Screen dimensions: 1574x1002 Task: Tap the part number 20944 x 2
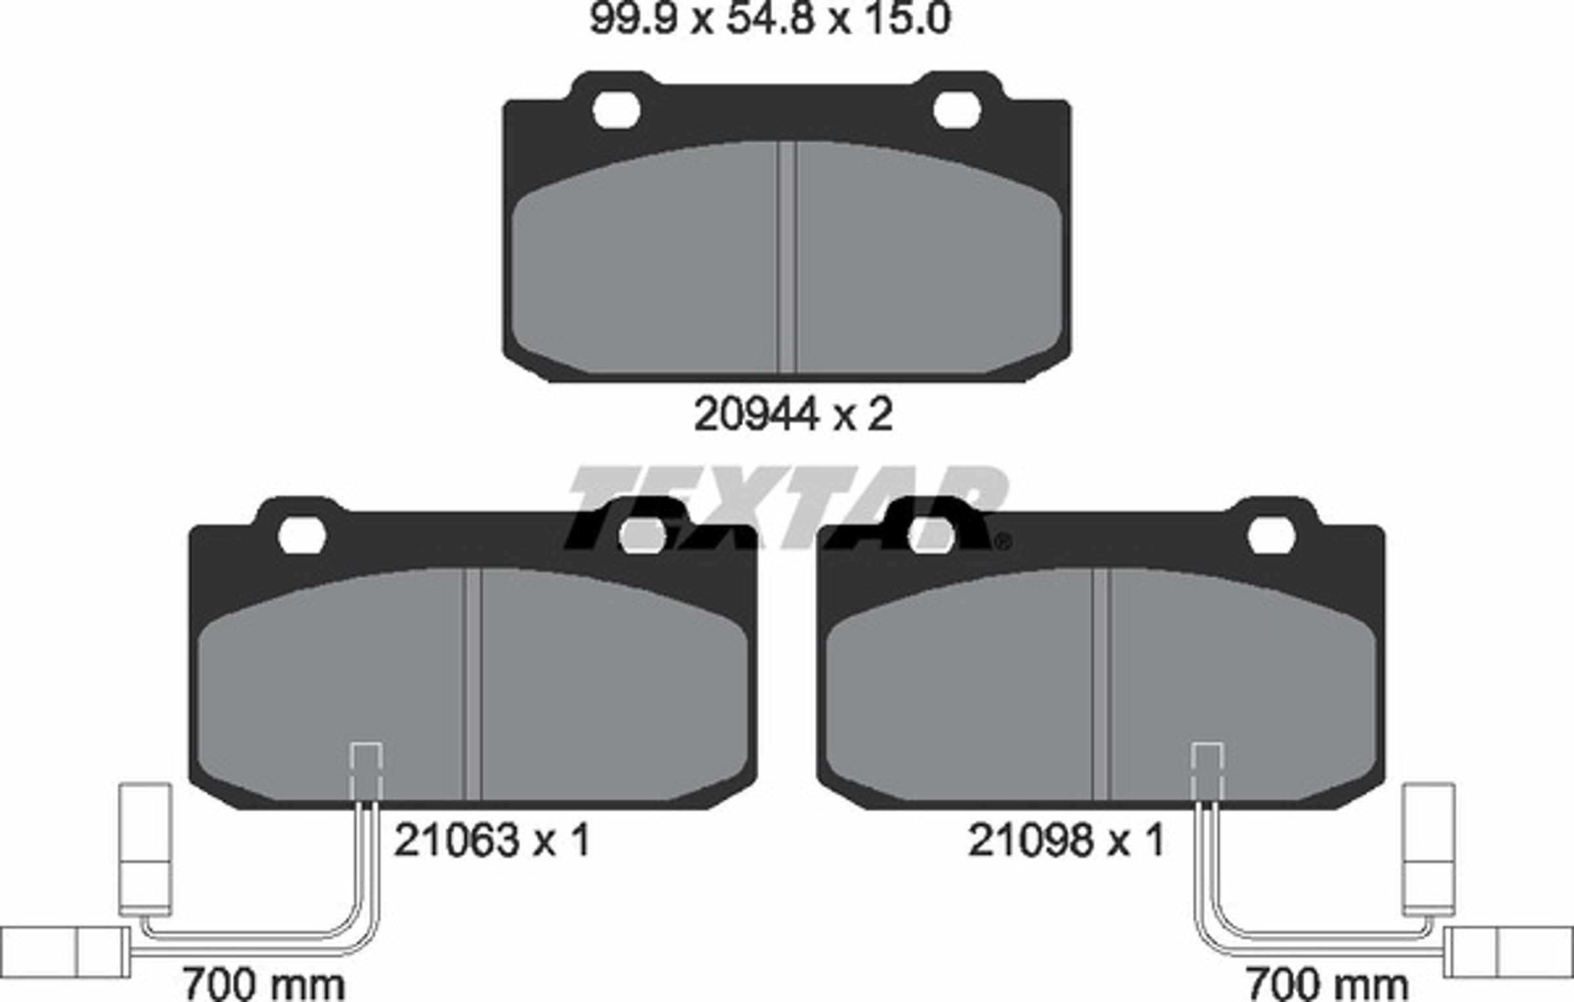click(x=793, y=414)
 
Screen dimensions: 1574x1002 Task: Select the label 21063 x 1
click(x=492, y=840)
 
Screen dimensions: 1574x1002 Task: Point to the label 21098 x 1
click(x=1066, y=840)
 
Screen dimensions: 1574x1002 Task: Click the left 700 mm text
click(x=263, y=984)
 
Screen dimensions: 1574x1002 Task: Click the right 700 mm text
click(x=1327, y=984)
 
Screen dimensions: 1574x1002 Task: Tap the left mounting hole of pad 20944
click(x=616, y=110)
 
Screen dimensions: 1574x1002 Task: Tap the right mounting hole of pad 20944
click(x=957, y=110)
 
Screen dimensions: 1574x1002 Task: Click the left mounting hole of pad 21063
click(x=302, y=536)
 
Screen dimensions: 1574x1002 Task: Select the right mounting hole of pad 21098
click(x=1271, y=536)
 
